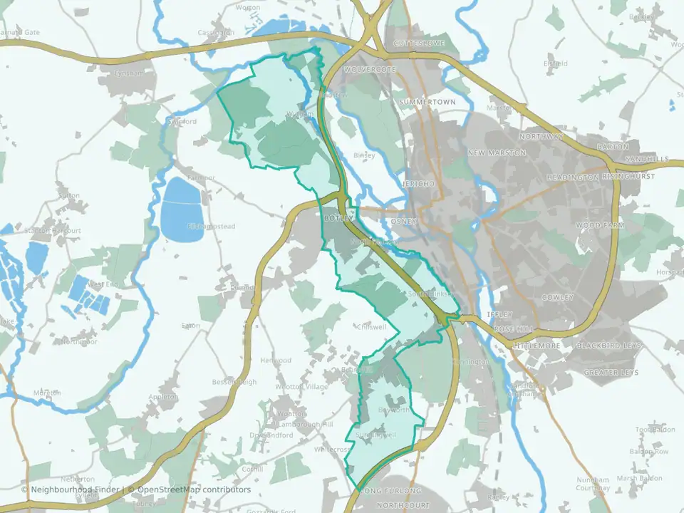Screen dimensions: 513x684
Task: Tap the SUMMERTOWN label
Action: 427,103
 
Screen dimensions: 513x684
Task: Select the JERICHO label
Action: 418,184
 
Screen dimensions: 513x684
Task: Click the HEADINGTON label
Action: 573,177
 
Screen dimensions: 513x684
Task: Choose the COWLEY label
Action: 557,297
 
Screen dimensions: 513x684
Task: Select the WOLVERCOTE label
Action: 368,70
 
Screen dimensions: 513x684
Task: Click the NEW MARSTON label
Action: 497,153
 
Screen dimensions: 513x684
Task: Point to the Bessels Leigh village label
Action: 233,383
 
